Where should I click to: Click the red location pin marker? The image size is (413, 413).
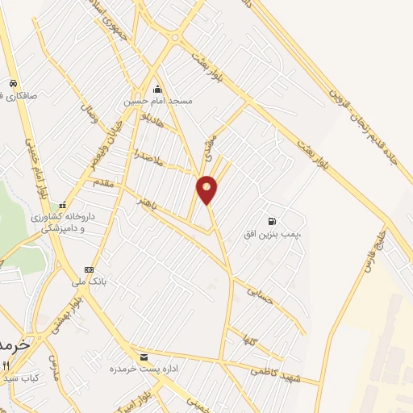point(207,190)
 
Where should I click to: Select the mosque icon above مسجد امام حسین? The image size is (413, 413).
point(158,90)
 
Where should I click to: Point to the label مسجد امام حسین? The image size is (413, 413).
point(158,102)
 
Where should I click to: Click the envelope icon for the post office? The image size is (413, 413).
point(144,357)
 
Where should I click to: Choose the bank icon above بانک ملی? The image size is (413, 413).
point(89,269)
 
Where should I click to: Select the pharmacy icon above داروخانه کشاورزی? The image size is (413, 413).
point(62,206)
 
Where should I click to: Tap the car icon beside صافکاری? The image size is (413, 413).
point(13,84)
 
